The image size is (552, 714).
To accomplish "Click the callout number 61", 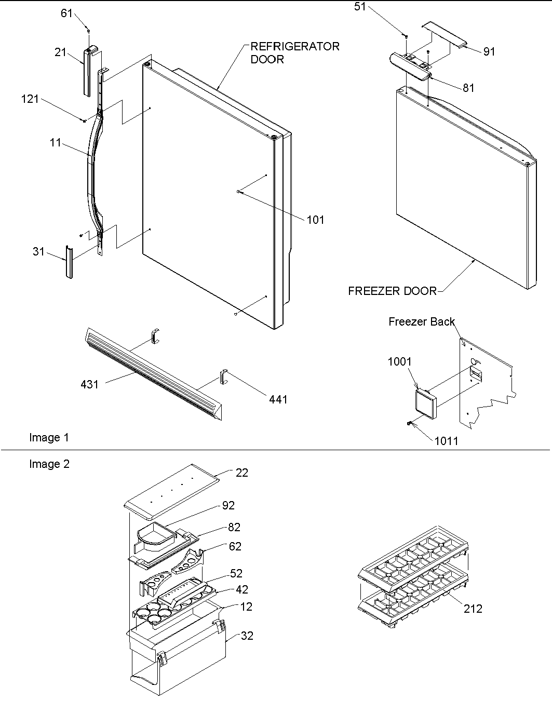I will (x=66, y=13).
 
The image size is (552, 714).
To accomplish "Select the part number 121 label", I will (x=30, y=99).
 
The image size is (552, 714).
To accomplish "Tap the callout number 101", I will (x=315, y=220).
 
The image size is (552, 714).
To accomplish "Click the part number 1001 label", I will (x=399, y=361).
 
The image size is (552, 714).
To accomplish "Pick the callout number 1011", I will (x=446, y=441).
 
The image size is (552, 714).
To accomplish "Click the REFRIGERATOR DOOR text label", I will (x=294, y=52).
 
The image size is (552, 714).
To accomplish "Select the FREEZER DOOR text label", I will (x=392, y=291).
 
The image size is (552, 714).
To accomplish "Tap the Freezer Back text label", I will (x=421, y=322).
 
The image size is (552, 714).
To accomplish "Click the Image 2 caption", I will (x=49, y=464).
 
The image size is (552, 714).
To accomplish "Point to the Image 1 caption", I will (x=49, y=438).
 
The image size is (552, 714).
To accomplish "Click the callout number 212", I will (x=473, y=608).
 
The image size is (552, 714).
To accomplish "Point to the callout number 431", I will (x=89, y=384).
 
